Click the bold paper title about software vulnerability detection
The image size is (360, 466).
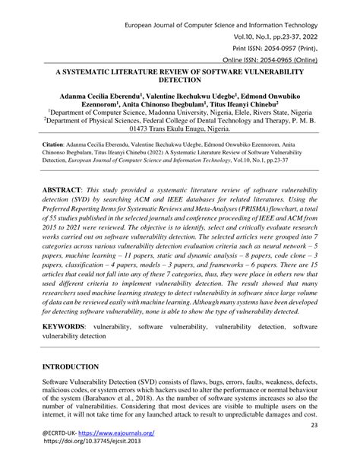tap(180, 74)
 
